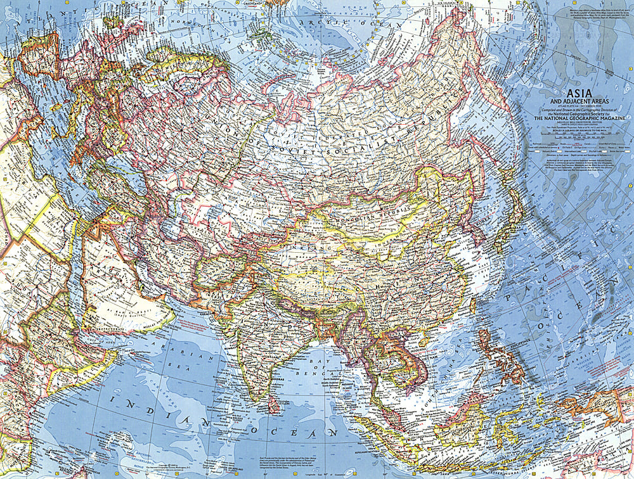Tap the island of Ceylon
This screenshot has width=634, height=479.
273,402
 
